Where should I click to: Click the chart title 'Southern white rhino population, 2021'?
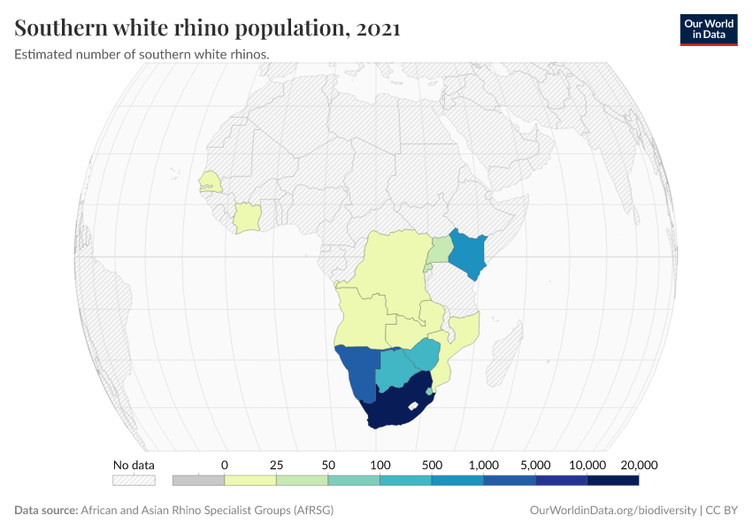(x=208, y=28)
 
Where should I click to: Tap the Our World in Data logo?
(x=708, y=29)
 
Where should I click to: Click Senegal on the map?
(x=211, y=181)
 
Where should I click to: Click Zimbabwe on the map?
(x=425, y=354)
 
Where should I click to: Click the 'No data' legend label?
(x=134, y=465)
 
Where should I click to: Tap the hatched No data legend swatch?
(x=134, y=481)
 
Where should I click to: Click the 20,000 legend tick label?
(x=639, y=465)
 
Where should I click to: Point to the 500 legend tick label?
(x=432, y=465)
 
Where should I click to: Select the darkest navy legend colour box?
(x=613, y=481)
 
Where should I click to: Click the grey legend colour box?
(x=198, y=481)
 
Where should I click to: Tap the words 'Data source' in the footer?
(x=45, y=511)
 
